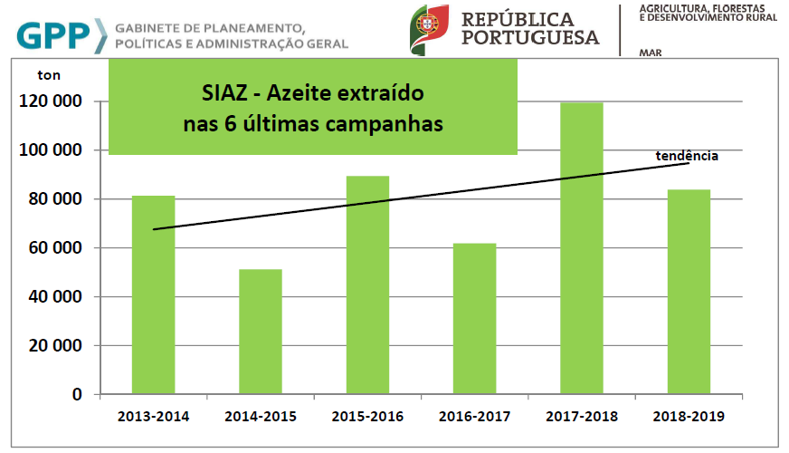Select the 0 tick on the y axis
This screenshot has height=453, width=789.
coord(77,395)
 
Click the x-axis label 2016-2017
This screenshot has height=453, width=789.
coord(474,417)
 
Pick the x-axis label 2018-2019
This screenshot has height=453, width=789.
coord(689,417)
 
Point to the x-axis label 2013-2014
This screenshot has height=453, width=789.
coord(154,417)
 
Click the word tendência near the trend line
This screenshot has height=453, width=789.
coord(687,156)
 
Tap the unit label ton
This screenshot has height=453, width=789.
coord(49,75)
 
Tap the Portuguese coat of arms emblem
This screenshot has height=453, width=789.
coord(430,27)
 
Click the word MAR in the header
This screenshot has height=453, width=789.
coord(650,53)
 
